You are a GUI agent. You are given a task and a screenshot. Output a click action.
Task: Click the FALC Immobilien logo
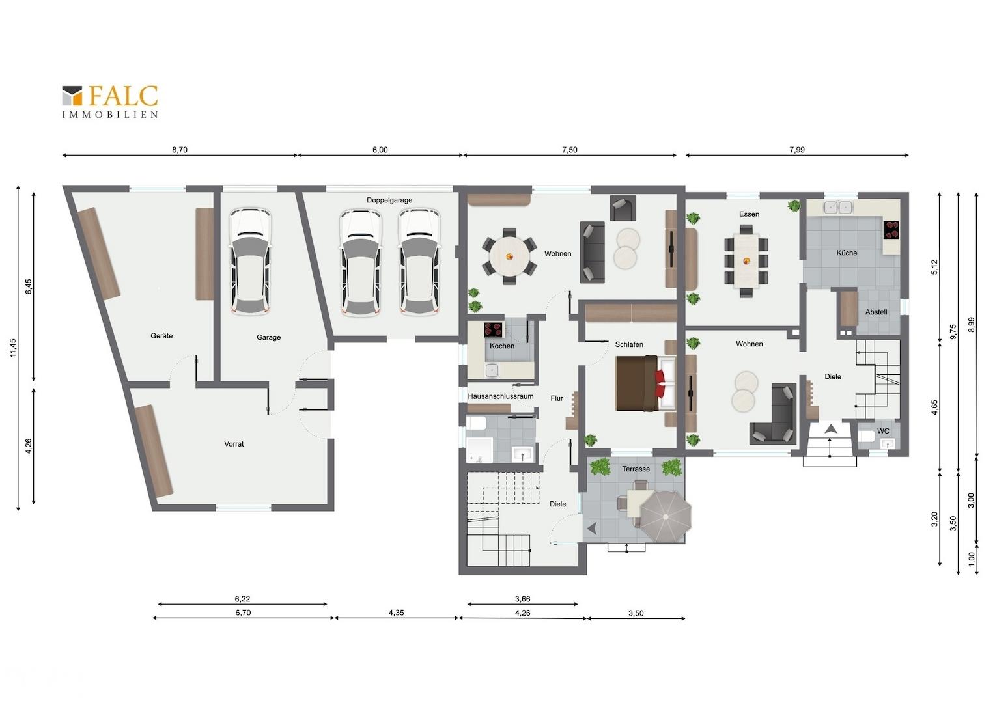click(x=109, y=102)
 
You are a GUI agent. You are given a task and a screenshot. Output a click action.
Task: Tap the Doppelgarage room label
click(x=389, y=200)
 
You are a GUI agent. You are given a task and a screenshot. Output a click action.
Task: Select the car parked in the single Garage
click(x=250, y=261)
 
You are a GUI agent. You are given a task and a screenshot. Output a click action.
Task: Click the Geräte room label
click(x=161, y=336)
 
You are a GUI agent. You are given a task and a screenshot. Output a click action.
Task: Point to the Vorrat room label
click(x=234, y=444)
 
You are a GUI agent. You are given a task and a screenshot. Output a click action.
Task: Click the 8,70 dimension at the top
click(x=180, y=150)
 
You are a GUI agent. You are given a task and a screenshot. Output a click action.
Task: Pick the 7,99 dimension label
click(x=797, y=150)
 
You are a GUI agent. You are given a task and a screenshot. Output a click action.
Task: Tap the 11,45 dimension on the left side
click(x=13, y=348)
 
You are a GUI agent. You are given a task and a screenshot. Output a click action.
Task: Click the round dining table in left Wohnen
click(x=509, y=256)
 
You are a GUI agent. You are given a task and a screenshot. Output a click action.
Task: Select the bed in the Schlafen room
click(x=645, y=383)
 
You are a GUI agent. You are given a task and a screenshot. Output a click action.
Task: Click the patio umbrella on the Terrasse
click(x=666, y=516)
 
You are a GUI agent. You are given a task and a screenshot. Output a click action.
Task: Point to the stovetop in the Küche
click(x=891, y=230)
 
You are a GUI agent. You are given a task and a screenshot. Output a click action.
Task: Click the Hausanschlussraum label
click(x=501, y=396)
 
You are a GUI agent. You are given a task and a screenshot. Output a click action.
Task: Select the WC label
click(x=883, y=431)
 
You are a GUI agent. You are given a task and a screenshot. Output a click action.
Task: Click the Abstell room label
click(x=876, y=312)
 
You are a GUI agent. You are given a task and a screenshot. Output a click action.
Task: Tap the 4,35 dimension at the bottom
click(x=396, y=613)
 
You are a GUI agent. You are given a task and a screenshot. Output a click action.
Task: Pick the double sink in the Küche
click(x=838, y=207)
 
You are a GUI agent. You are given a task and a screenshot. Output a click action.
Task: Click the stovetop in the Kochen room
click(x=494, y=330)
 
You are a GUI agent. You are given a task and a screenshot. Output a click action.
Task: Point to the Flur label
click(x=557, y=398)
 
